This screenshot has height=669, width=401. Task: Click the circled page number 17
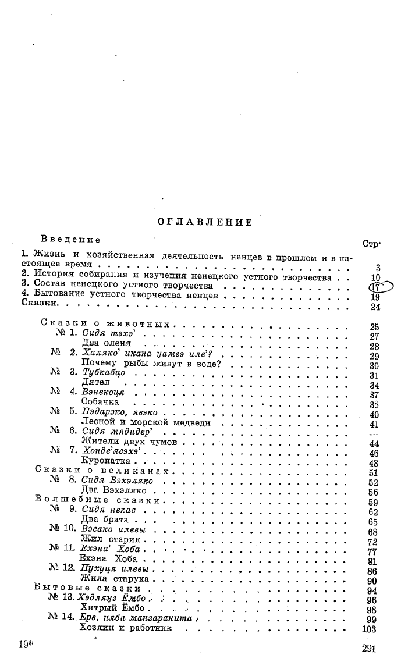coord(375,286)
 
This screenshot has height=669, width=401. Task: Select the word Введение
coord(71,239)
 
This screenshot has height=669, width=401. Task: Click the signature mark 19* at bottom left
coord(24,643)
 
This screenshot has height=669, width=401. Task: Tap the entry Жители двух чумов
coord(129,442)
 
